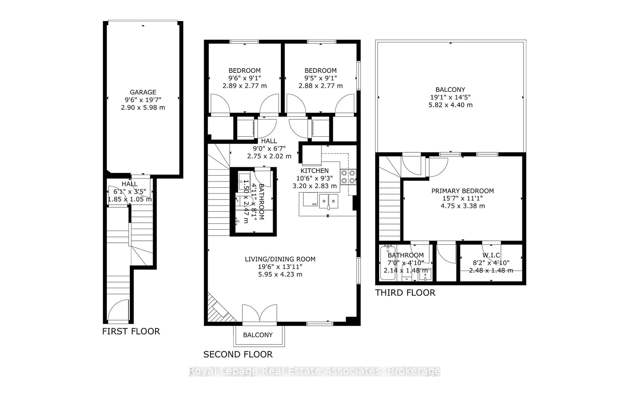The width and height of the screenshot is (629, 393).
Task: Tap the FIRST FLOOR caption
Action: coord(131,331)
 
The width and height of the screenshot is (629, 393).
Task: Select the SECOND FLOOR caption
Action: coord(238,354)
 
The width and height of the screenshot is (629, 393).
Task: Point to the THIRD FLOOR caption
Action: coord(405,293)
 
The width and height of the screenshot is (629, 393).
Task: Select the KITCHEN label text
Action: coord(314,171)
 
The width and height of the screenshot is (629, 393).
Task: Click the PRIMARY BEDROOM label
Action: coord(462,191)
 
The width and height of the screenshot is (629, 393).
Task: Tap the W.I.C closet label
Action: coord(491,255)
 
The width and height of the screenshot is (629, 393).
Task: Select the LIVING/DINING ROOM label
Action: coord(280,259)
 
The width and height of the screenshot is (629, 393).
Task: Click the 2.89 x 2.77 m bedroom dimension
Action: coord(244,86)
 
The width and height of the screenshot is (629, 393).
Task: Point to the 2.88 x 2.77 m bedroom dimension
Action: coord(320,86)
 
